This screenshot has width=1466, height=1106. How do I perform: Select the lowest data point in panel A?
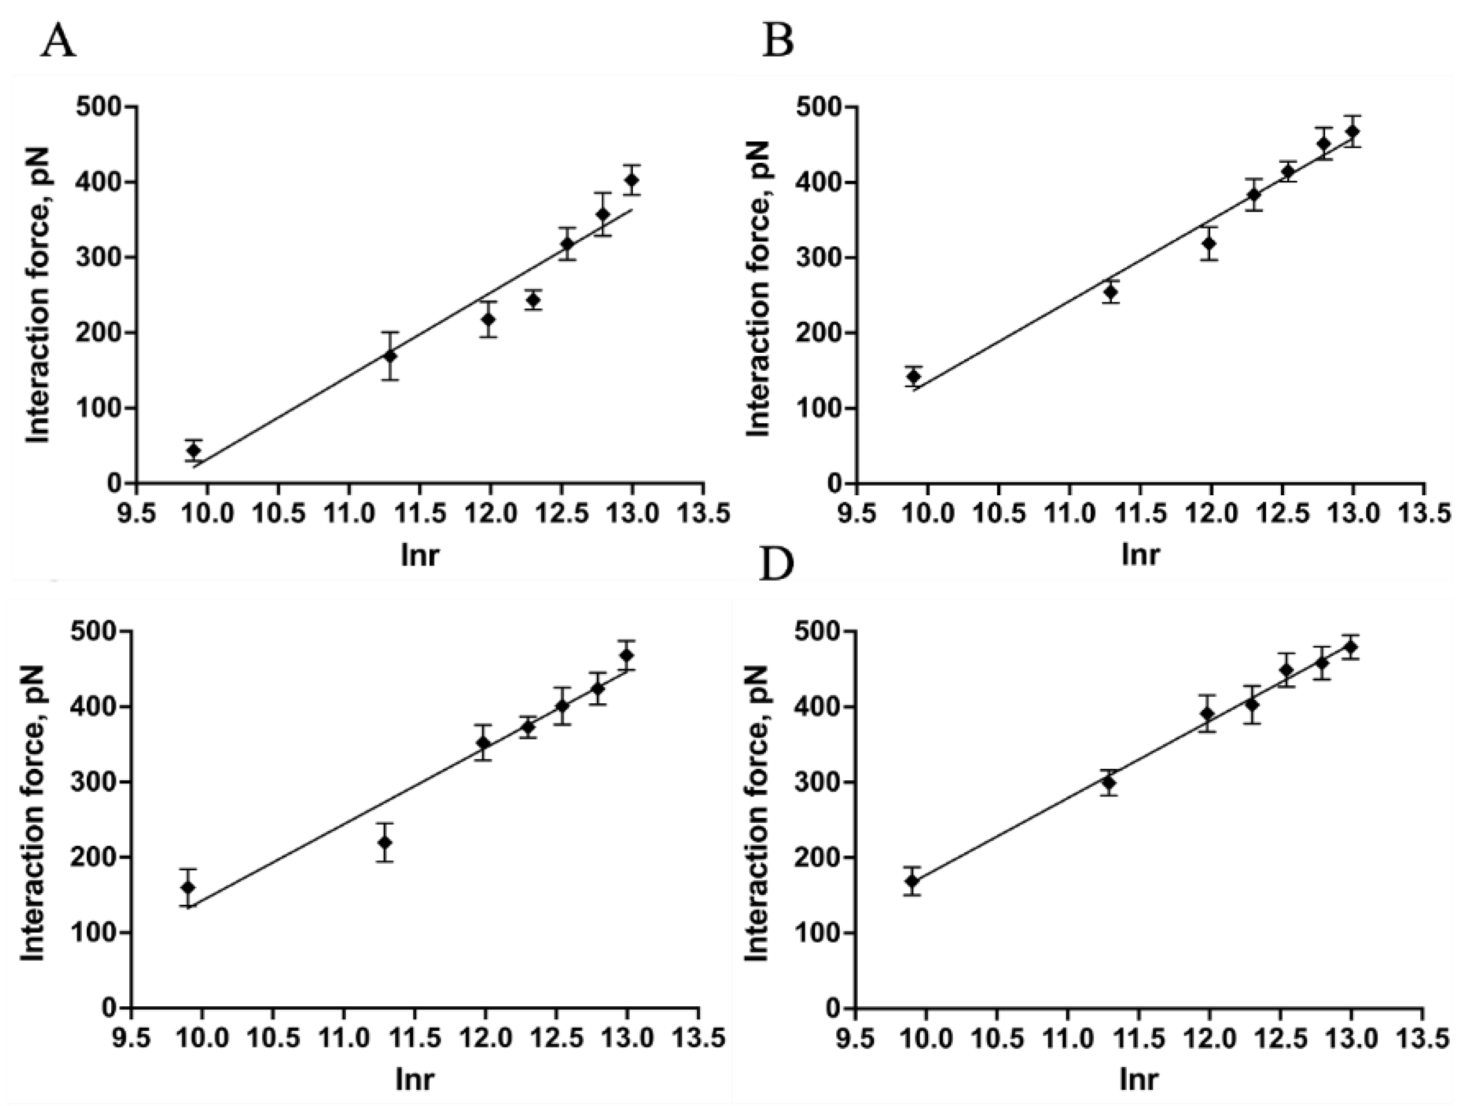click(x=194, y=450)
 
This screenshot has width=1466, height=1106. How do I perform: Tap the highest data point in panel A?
click(x=632, y=180)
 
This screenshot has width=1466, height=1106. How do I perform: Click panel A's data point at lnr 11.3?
click(x=390, y=356)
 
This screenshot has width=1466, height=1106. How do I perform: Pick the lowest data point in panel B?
click(x=914, y=376)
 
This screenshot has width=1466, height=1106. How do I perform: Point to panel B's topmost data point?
click(x=1353, y=131)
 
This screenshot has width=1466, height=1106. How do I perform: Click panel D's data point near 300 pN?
click(x=1108, y=783)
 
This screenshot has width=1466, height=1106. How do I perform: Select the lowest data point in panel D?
click(x=913, y=881)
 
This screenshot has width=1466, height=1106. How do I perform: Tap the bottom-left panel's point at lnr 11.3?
click(x=385, y=842)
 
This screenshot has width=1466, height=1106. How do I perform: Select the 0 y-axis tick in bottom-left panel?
click(x=109, y=1008)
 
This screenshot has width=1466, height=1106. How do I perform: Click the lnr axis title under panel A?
click(x=419, y=555)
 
